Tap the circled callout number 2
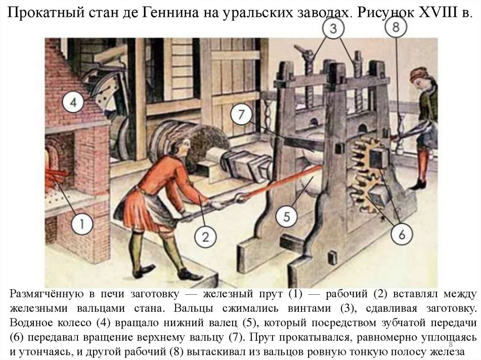click(205, 237)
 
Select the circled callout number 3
click(333, 29)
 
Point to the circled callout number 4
click(73, 102)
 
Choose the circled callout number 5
click(287, 217)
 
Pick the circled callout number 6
click(402, 234)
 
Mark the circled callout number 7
click(241, 115)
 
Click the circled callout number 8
click(396, 27)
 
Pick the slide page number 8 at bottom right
click(450, 344)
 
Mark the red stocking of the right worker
click(424, 165)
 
